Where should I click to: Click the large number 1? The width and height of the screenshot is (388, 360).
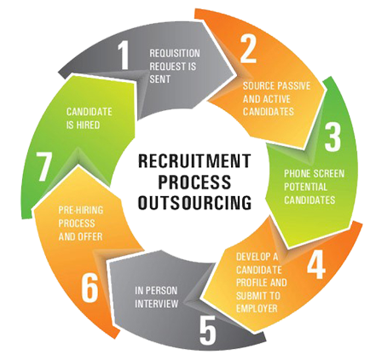point(124,55)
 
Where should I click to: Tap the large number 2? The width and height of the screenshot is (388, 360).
point(248,49)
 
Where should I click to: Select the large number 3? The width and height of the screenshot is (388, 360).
point(333,137)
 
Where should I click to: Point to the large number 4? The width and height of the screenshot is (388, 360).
point(316,265)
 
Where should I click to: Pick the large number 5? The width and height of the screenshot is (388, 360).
point(208,331)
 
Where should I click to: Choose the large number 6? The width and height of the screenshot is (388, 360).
point(90,288)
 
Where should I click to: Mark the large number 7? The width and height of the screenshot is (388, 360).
point(43,166)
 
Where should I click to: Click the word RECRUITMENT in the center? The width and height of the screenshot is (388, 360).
point(194,160)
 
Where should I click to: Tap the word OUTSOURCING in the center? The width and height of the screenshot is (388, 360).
point(194,203)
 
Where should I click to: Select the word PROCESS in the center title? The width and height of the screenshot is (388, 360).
point(194,182)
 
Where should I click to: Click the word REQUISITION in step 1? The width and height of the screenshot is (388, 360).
point(175,54)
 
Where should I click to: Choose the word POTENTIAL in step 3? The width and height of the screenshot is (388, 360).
point(306,187)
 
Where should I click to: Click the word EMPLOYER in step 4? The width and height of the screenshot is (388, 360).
point(257,308)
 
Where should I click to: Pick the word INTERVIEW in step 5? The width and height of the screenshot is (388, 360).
point(157,304)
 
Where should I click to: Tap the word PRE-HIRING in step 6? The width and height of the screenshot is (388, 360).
point(81,211)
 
